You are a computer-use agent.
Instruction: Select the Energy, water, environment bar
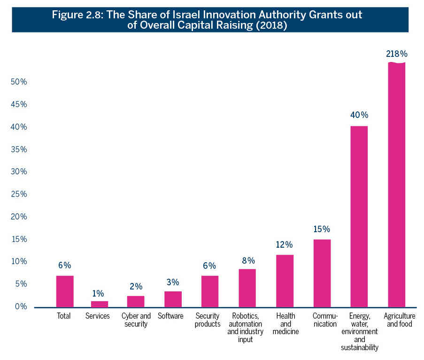359,217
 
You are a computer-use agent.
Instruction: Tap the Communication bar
322,273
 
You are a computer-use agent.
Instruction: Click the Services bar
99,304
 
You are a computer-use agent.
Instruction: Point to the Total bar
65,291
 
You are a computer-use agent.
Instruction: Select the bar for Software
173,299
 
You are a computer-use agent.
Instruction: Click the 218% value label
396,54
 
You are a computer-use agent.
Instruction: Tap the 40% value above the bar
359,115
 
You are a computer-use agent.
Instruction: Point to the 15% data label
322,229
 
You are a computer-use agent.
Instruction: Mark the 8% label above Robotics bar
248,260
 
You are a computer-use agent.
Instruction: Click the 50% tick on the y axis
19,82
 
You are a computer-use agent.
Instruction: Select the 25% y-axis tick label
19,194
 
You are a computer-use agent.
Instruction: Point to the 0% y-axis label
21,306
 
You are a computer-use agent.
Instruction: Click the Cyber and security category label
136,320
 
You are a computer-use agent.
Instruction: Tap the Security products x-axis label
208,320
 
